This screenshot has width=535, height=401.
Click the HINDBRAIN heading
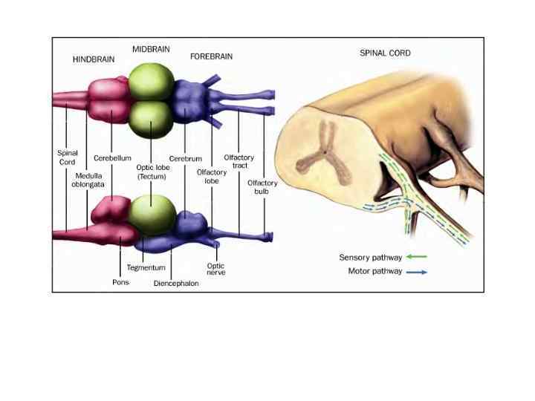pos(94,59)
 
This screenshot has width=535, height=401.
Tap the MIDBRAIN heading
pos(151,49)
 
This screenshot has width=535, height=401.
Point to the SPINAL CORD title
pos(385,53)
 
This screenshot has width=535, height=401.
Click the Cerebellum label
pos(112,158)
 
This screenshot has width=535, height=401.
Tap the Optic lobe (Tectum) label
pos(153,172)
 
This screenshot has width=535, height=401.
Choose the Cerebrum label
pos(185,158)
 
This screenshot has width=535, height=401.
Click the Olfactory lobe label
pos(211,177)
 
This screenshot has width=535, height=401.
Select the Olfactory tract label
pos(239,162)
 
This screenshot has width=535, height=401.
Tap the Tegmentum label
pos(146,267)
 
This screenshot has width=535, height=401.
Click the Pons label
pos(120,282)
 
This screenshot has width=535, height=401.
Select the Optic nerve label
pos(215,270)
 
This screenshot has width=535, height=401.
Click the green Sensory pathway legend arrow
pos(417,257)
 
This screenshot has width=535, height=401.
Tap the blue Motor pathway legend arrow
pos(417,272)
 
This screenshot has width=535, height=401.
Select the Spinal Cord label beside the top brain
pos(67,157)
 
